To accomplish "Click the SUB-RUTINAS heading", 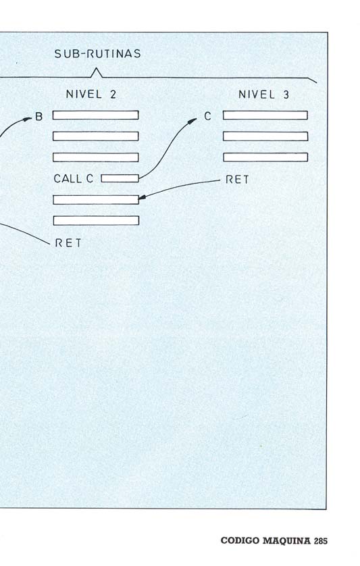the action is coord(97,54).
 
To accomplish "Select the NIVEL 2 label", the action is coord(91,95).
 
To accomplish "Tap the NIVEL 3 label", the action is coord(263,95).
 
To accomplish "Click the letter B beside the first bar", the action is coord(38,117).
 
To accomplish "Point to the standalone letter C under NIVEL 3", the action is coord(207,116).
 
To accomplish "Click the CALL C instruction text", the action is coord(74,178).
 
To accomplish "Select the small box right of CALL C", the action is coord(120,178).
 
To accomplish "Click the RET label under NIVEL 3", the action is coord(237,180).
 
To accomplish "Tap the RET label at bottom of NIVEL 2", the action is coord(68,243).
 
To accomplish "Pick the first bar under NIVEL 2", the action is coord(96,115).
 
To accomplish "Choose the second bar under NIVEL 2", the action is coord(96,136).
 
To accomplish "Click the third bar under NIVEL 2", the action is coord(96,157).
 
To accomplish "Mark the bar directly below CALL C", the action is coord(96,200).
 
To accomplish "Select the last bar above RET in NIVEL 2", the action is coord(96,221).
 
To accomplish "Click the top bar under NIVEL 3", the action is coord(265,115).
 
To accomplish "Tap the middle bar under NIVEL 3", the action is coord(265,136).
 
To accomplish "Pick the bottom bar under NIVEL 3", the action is coord(265,157).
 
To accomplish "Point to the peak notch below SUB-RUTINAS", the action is coord(96,68).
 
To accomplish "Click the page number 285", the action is coord(321,541).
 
